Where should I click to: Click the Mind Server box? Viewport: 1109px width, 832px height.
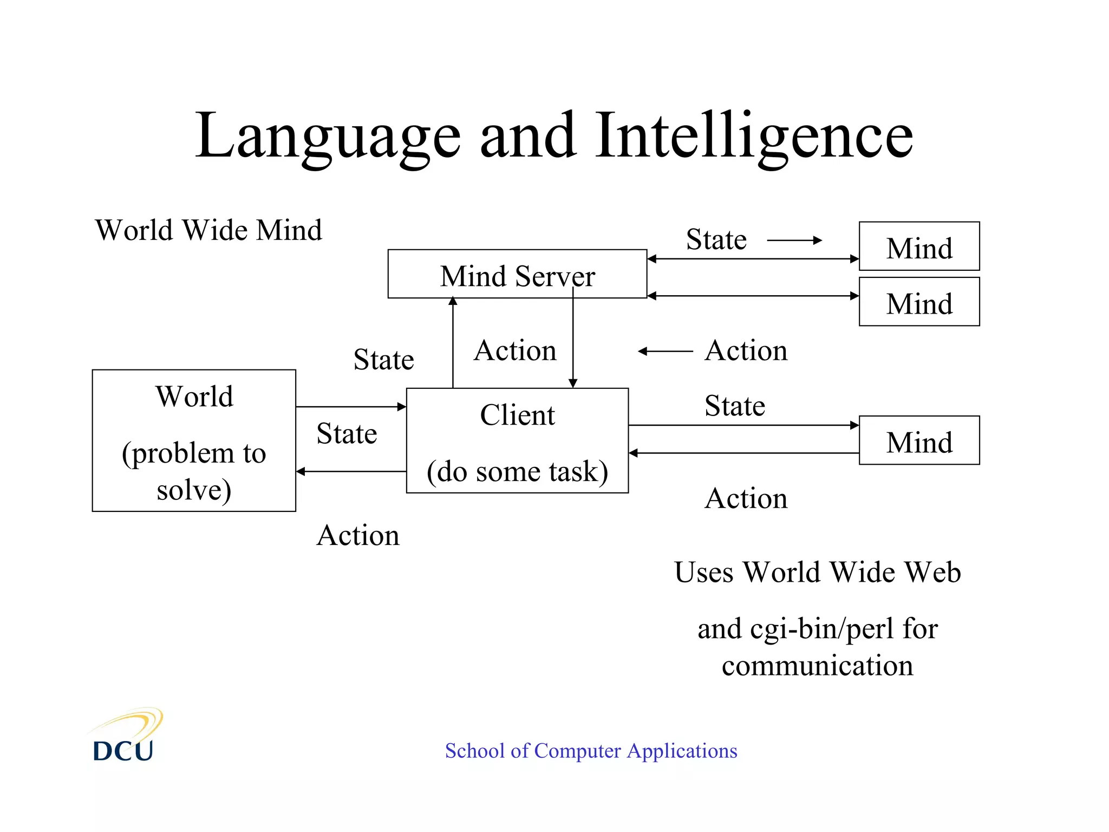517,274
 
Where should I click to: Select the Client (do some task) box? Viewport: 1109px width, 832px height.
517,440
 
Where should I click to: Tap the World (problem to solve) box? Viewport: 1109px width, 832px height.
194,440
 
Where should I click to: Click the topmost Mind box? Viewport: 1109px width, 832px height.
919,246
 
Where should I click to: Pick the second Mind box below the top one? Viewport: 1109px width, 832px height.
919,302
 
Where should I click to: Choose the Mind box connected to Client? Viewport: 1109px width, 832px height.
919,440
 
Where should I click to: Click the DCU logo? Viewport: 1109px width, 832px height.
125,737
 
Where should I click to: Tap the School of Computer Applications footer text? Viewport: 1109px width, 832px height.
591,751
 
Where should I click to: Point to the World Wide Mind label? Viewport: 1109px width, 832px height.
208,230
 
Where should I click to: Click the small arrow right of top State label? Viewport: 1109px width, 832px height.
794,240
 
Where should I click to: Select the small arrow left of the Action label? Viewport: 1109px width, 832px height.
666,352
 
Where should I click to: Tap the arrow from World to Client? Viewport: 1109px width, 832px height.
351,407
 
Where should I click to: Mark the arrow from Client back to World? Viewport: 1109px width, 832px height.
351,472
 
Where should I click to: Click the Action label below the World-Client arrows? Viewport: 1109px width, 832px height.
358,536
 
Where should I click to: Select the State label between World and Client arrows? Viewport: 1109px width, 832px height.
347,434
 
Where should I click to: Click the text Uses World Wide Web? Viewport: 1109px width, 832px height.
817,573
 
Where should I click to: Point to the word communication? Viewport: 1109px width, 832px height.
817,666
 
